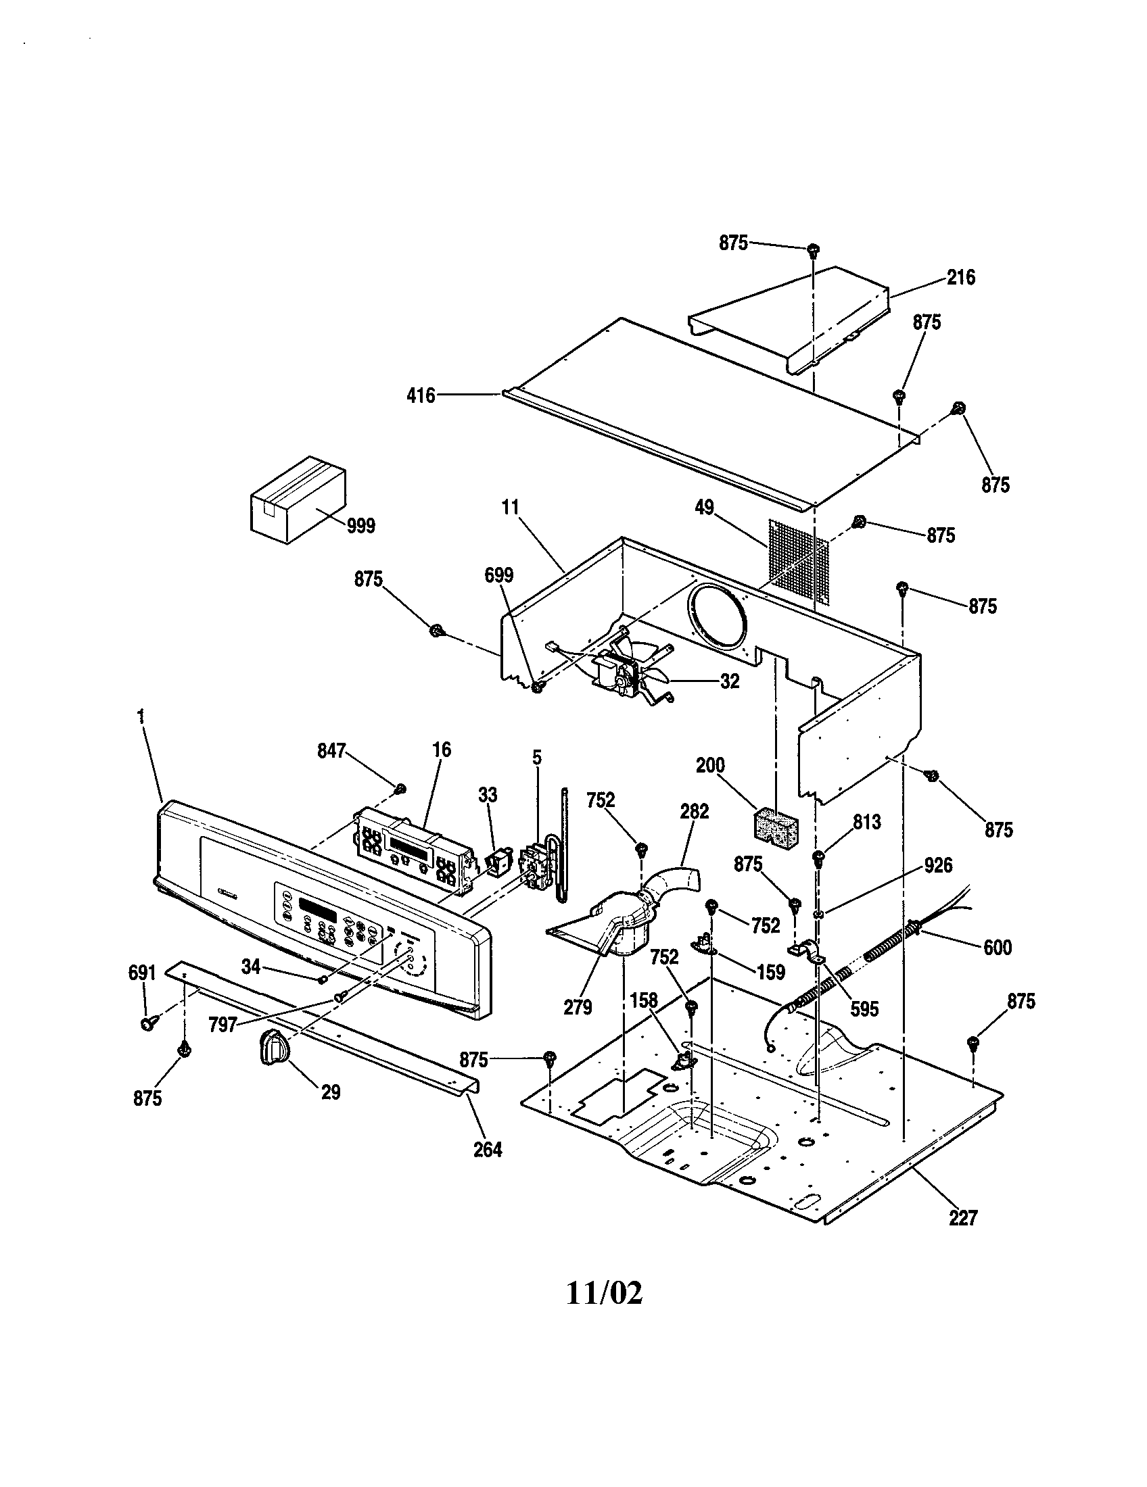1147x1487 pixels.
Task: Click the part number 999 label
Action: [360, 526]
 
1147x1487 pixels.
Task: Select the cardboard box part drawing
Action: [298, 498]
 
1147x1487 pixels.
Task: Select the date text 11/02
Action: [603, 1294]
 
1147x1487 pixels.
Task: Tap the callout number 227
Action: [963, 1218]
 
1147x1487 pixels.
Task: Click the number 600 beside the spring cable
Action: [997, 947]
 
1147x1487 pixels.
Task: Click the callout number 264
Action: [488, 1150]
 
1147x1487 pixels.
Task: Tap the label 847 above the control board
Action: [331, 751]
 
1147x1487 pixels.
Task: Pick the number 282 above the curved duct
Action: [694, 812]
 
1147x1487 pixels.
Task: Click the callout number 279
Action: [578, 1007]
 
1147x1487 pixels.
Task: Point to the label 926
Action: [939, 865]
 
